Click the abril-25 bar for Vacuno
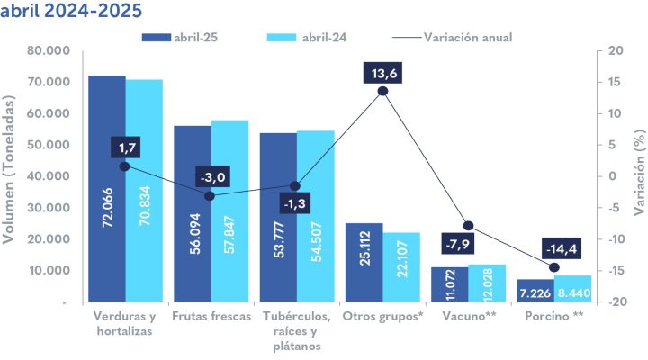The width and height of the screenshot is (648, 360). tap(450, 284)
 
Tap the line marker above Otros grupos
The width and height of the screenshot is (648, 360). tap(383, 91)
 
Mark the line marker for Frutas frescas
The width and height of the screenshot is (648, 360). tap(210, 195)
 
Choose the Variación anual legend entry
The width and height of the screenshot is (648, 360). tap(455, 37)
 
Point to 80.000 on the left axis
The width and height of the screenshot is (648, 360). tap(50, 51)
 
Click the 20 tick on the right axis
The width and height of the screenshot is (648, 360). tap(616, 51)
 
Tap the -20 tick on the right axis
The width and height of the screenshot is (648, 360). tap(616, 302)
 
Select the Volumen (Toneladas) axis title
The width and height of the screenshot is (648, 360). tap(12, 176)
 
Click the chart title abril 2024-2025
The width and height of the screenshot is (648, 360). tap(71, 13)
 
